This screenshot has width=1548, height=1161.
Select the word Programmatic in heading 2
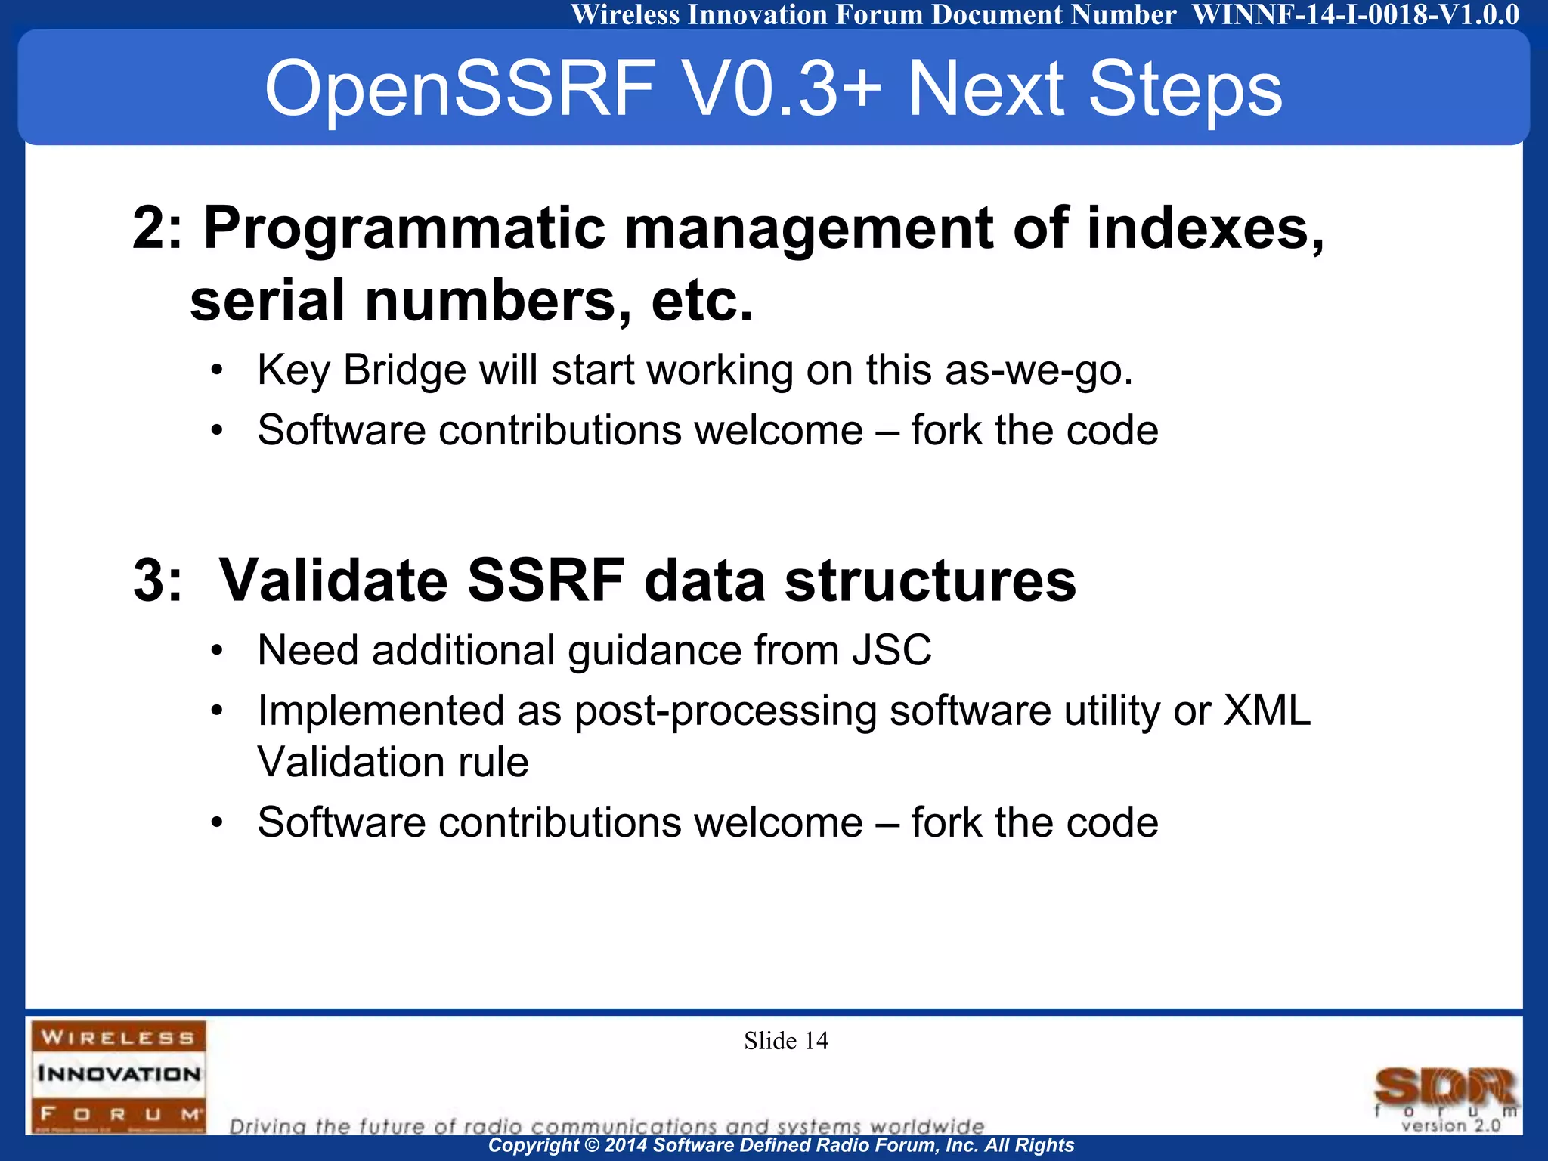point(404,228)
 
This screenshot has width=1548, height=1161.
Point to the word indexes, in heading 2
point(1205,228)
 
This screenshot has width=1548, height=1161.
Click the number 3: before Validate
point(157,580)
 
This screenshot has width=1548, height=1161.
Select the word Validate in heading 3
point(333,580)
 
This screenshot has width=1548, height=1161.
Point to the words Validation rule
point(392,762)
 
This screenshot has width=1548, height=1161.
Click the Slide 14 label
point(785,1041)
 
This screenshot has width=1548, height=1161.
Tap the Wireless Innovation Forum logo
point(119,1076)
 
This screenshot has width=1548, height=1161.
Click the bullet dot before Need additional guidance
point(217,651)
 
